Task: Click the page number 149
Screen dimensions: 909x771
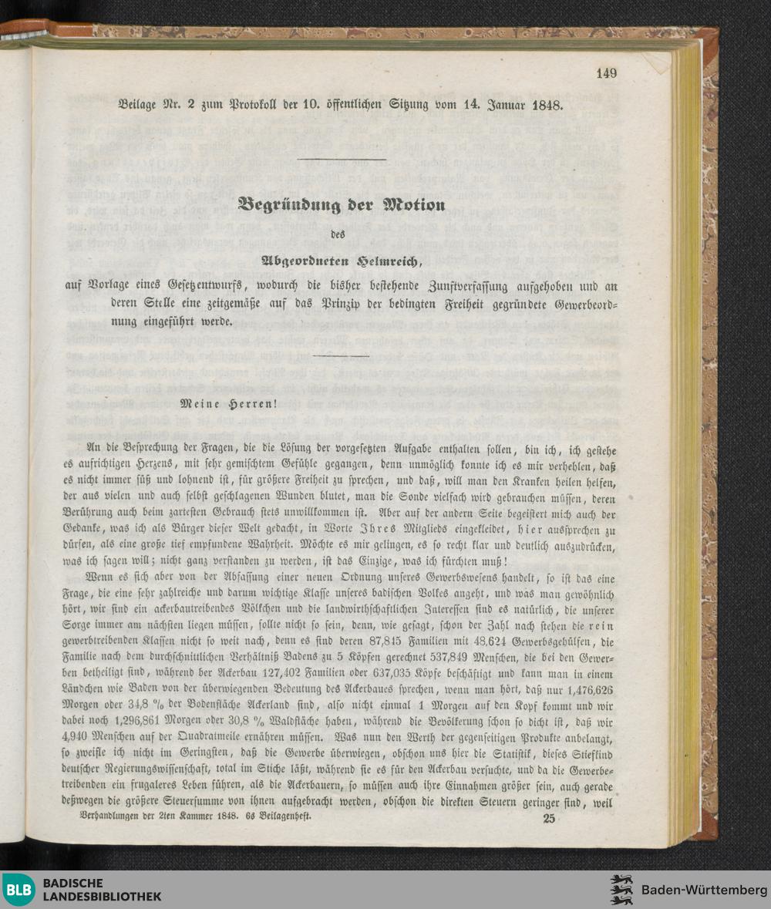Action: pyautogui.click(x=607, y=73)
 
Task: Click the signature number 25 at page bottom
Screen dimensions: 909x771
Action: pyautogui.click(x=549, y=819)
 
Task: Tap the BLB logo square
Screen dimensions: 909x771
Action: pyautogui.click(x=18, y=890)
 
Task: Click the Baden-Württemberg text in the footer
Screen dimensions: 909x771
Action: pyautogui.click(x=704, y=890)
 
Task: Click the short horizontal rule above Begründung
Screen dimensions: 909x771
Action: pyautogui.click(x=341, y=160)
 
